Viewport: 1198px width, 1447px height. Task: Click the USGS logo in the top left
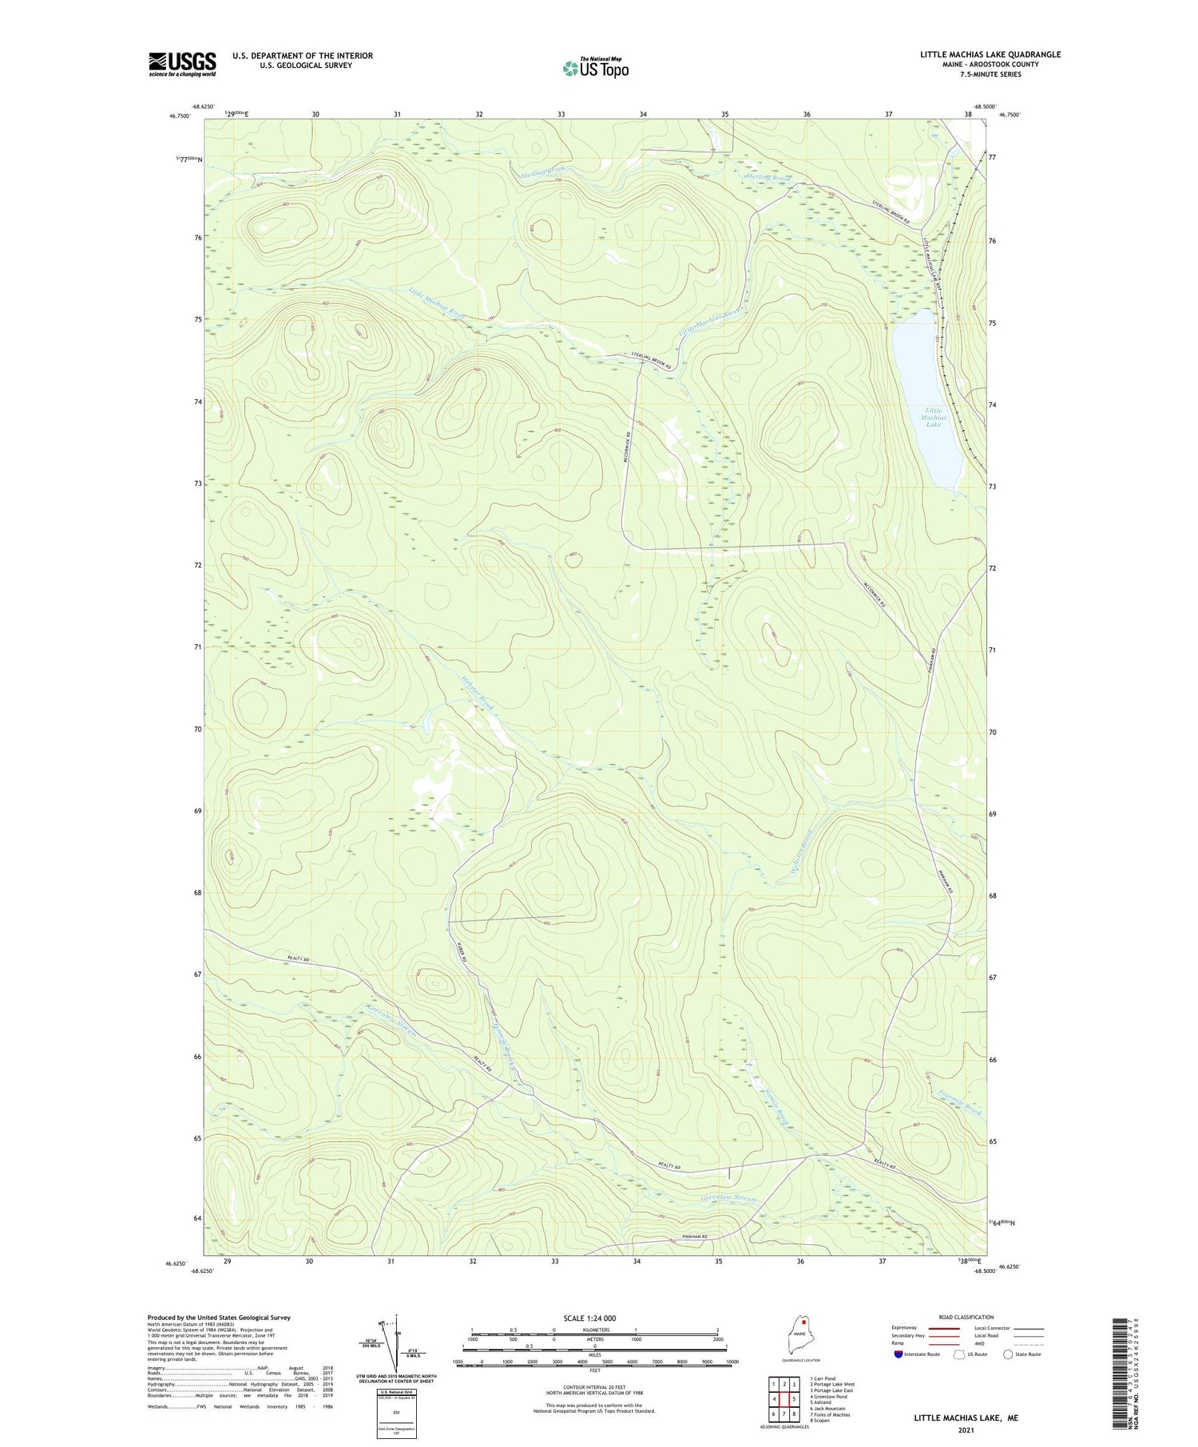(182, 64)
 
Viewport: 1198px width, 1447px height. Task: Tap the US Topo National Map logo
(595, 68)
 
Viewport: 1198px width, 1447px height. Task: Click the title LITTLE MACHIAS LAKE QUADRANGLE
(990, 54)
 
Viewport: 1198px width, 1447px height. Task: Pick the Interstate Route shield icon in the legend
(898, 1354)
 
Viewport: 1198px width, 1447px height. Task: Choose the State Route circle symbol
(1008, 1354)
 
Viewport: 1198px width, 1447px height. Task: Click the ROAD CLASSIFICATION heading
(966, 1317)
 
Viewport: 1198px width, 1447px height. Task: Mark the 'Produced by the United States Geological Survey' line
(218, 1318)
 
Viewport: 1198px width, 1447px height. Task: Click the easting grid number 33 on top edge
(561, 115)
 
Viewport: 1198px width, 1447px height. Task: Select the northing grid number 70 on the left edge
(196, 729)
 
